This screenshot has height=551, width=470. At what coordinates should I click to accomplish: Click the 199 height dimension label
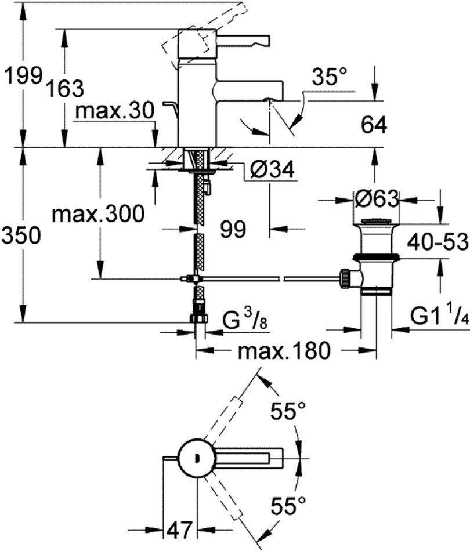[22, 75]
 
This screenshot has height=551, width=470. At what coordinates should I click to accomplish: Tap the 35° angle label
[328, 77]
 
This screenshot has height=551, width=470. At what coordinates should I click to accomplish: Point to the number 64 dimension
[374, 125]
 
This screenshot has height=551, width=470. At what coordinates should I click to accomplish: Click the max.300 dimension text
[97, 215]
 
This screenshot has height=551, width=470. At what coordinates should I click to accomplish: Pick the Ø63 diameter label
[377, 200]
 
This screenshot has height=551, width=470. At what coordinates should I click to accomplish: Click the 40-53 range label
[438, 241]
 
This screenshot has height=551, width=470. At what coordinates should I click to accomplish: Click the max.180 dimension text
[284, 350]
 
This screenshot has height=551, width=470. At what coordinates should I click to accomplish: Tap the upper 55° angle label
[288, 414]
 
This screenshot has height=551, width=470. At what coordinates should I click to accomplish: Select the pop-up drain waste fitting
[374, 255]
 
